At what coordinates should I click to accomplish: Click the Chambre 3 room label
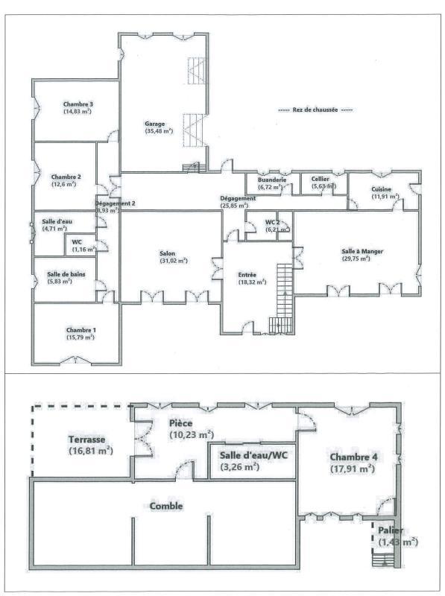click(x=78, y=104)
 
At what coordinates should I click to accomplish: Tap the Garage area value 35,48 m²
click(x=159, y=131)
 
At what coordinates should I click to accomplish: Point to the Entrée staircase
click(x=284, y=290)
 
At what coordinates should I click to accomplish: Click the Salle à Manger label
click(x=362, y=252)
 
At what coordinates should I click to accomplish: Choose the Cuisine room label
click(x=381, y=189)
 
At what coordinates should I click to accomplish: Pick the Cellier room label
click(x=321, y=179)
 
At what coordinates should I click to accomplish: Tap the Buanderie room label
click(x=268, y=179)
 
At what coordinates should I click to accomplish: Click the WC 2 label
click(x=272, y=223)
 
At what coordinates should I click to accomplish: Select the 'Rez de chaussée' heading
click(x=315, y=110)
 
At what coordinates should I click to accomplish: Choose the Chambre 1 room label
click(x=81, y=329)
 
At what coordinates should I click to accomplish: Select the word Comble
click(x=166, y=506)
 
